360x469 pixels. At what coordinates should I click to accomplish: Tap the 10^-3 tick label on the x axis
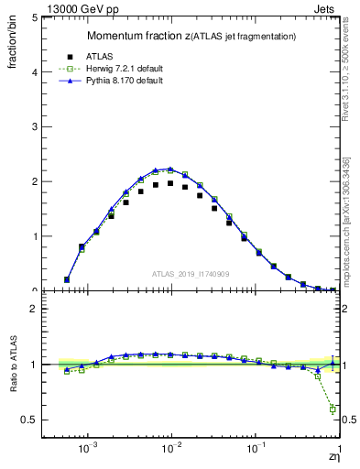click(88, 451)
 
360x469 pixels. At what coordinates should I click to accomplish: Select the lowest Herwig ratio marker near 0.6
click(333, 409)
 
